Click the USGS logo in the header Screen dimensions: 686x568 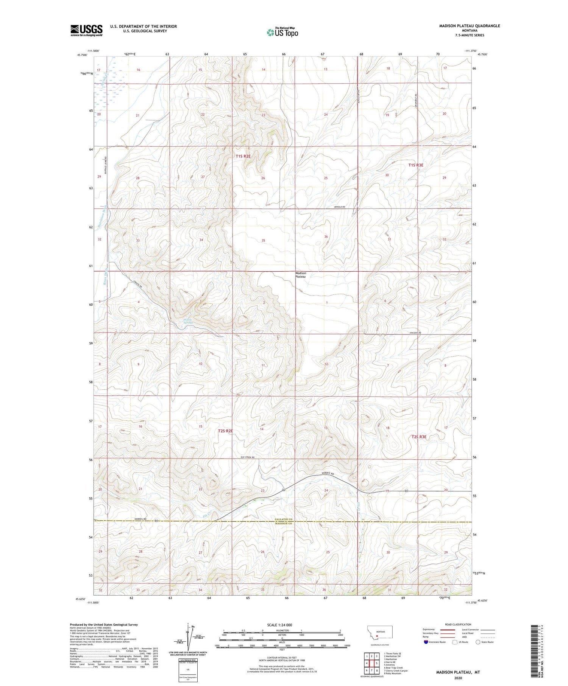(x=86, y=30)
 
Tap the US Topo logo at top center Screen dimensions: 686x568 (x=282, y=32)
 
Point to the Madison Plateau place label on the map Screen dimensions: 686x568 (x=301, y=275)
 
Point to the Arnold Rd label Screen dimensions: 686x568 (x=339, y=207)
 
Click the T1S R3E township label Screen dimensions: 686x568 (x=415, y=165)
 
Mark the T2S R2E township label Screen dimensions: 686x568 (x=225, y=431)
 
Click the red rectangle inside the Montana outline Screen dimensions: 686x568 (x=377, y=636)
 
